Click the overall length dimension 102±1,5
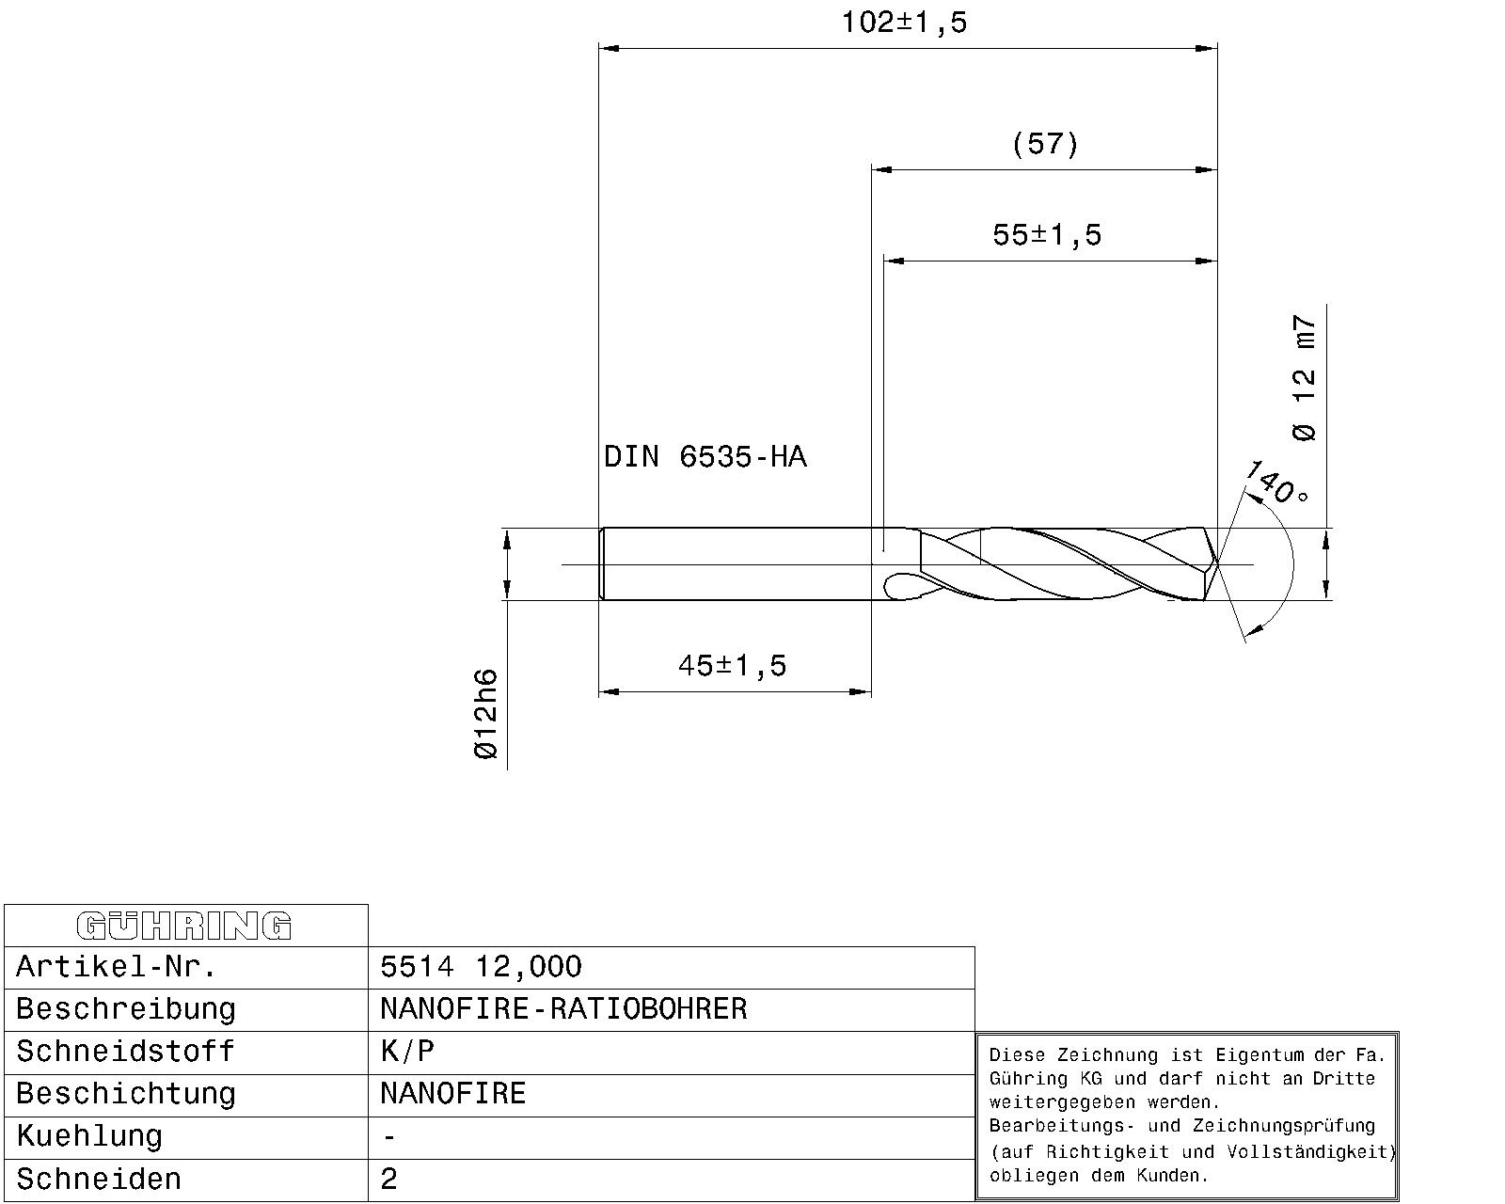(x=904, y=23)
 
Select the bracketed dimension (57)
(x=1046, y=144)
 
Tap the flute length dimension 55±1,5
(x=1047, y=235)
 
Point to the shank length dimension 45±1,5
(x=732, y=665)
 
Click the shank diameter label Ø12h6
(x=485, y=714)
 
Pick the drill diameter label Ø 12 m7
(x=1305, y=378)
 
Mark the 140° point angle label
(x=1276, y=483)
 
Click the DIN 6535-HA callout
(x=705, y=457)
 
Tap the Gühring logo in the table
(x=184, y=926)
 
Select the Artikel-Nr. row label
(x=116, y=967)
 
